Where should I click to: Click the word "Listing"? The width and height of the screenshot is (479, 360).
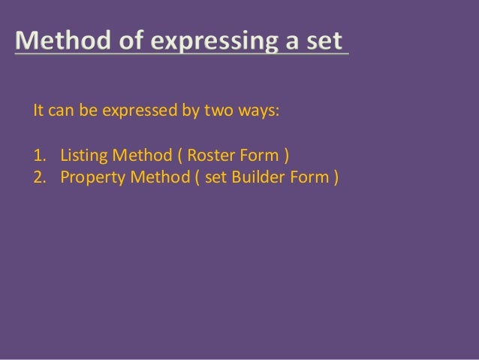[x=83, y=157]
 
